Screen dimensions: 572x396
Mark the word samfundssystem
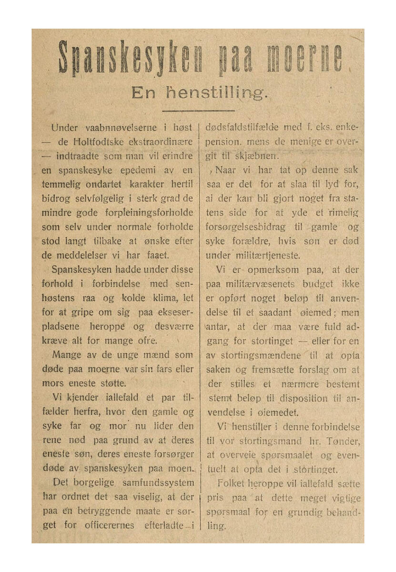click(154, 483)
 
